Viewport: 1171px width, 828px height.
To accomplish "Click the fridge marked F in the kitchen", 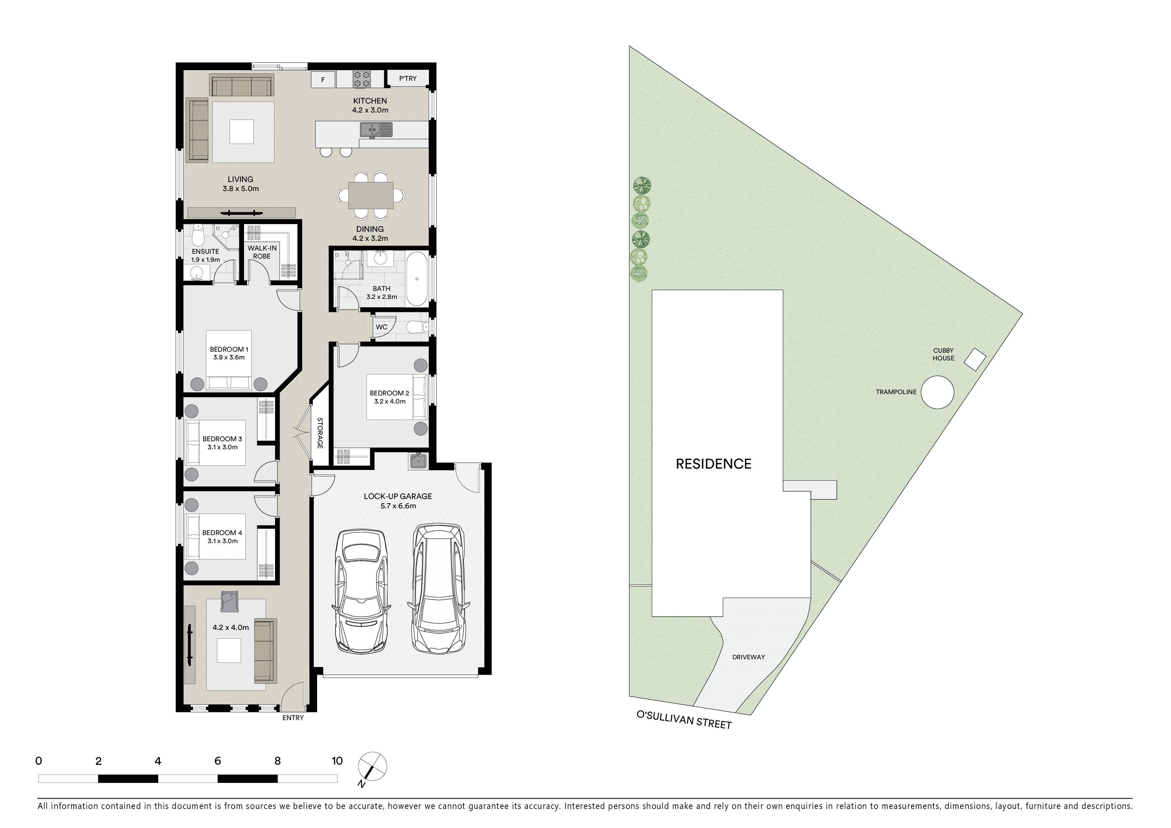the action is [x=323, y=79].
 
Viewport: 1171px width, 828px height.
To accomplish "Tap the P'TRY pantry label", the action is [x=408, y=78].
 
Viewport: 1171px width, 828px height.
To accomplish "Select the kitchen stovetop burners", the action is [x=362, y=79].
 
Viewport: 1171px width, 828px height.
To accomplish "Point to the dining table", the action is [x=371, y=195].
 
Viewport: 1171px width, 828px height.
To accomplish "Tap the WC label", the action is [x=382, y=327].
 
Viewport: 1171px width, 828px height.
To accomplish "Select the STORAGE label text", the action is [x=320, y=433].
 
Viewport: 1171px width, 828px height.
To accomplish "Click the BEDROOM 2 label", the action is [x=389, y=393].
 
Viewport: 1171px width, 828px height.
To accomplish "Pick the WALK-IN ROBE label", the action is [x=262, y=252].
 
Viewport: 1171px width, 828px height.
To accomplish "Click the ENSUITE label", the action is [x=206, y=252].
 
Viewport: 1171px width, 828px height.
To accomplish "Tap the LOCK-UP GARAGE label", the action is [x=398, y=496].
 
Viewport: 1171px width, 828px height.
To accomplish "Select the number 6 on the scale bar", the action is [x=218, y=761].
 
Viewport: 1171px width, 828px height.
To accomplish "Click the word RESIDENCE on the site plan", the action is [x=713, y=464].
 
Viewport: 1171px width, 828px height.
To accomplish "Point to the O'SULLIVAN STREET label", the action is [x=684, y=719].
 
